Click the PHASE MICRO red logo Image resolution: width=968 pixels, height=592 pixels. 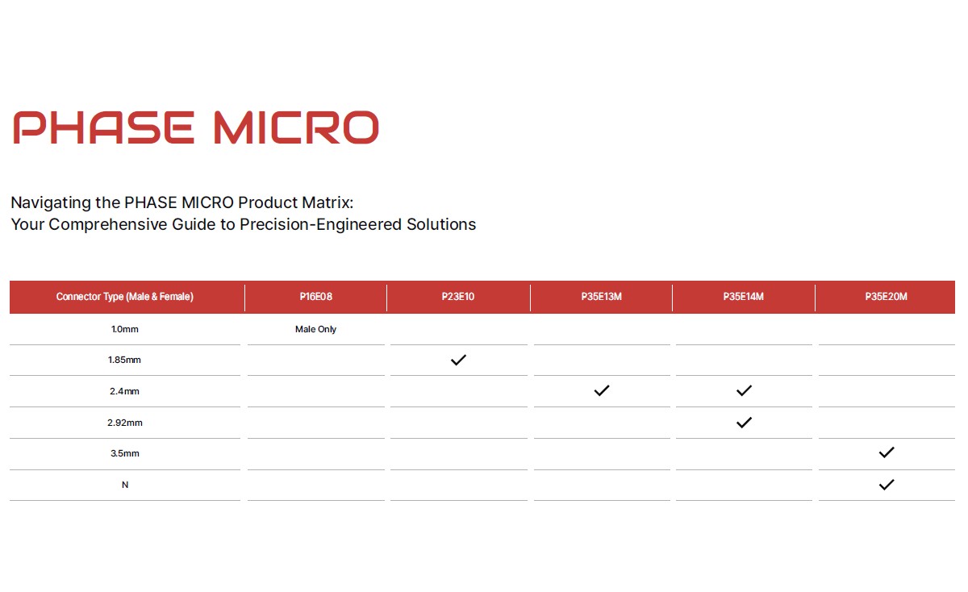click(x=196, y=127)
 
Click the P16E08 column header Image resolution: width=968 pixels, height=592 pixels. click(x=316, y=297)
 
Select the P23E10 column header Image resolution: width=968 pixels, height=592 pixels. click(x=458, y=297)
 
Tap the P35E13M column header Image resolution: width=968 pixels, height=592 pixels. click(x=601, y=297)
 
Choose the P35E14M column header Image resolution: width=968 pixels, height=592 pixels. click(x=743, y=297)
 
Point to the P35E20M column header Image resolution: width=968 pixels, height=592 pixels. click(x=886, y=297)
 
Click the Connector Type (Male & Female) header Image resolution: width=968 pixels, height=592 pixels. click(x=125, y=297)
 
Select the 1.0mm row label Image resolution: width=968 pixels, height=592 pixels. click(x=125, y=329)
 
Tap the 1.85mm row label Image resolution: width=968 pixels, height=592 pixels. click(x=124, y=360)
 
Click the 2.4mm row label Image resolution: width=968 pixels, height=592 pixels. click(x=124, y=391)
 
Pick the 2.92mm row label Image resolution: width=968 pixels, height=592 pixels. click(x=125, y=423)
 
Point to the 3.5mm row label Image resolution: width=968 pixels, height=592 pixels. click(x=125, y=454)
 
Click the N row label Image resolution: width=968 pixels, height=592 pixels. click(x=125, y=485)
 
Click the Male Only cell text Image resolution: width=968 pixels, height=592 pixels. click(x=316, y=329)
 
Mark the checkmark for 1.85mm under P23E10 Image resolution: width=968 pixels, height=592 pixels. click(x=458, y=360)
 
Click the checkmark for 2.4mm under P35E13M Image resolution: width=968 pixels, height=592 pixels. click(x=602, y=390)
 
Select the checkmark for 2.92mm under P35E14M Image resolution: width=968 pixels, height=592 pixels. click(x=744, y=422)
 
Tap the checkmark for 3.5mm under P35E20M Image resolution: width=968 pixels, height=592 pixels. click(x=887, y=452)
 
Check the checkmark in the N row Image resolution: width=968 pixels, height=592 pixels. click(x=887, y=485)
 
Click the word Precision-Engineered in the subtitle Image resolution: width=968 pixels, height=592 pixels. click(x=321, y=224)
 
